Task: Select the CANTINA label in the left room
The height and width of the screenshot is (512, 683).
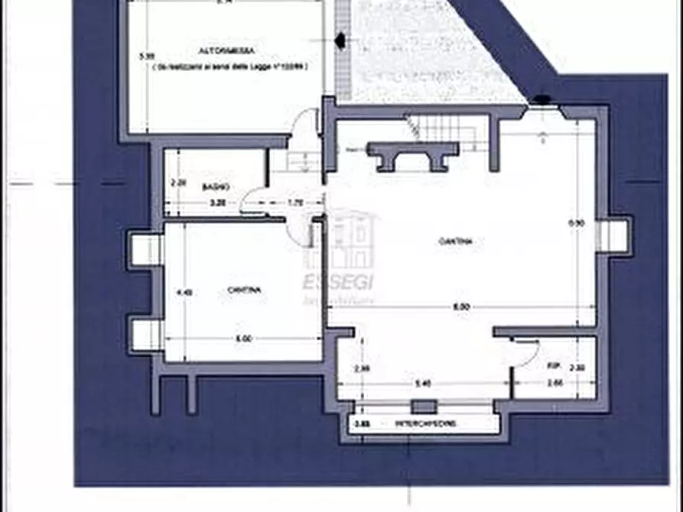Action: tap(242, 290)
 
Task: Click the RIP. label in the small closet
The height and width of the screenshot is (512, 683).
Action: tap(554, 366)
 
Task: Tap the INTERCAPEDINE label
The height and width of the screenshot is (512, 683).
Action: tap(425, 423)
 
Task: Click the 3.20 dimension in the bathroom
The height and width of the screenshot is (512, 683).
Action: tap(218, 203)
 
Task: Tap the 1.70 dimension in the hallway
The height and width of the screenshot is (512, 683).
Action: tap(295, 203)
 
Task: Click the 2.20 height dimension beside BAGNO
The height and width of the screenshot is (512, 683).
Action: tap(178, 183)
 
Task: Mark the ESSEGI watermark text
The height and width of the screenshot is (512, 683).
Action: tap(339, 282)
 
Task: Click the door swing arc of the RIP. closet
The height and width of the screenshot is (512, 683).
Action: tap(528, 353)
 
